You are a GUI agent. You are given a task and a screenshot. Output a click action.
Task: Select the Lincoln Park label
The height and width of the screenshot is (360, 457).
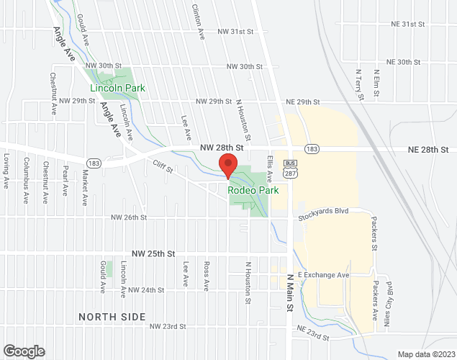[x=117, y=89]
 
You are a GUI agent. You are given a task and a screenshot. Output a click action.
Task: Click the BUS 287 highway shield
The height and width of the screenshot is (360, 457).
[x=290, y=167]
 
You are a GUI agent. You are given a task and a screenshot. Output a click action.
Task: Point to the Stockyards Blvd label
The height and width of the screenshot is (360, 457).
[x=324, y=212]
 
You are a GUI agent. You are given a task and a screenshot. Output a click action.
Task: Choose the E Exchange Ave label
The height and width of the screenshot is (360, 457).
[x=324, y=275]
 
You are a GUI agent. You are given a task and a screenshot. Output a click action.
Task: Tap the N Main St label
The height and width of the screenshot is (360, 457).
[x=291, y=292]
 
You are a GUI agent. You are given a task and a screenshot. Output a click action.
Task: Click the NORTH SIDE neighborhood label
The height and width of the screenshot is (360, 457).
[x=112, y=317]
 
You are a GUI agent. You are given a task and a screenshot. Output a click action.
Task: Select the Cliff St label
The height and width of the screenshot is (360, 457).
[x=163, y=168]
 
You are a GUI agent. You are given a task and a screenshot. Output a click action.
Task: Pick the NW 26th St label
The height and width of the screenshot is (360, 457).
[x=129, y=217]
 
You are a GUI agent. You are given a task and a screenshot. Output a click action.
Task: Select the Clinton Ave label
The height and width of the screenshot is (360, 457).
[x=195, y=15]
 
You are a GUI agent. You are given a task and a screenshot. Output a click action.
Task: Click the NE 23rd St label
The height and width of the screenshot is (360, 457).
[x=312, y=336]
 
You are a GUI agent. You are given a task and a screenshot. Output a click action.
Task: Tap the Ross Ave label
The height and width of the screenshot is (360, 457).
[x=207, y=276]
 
